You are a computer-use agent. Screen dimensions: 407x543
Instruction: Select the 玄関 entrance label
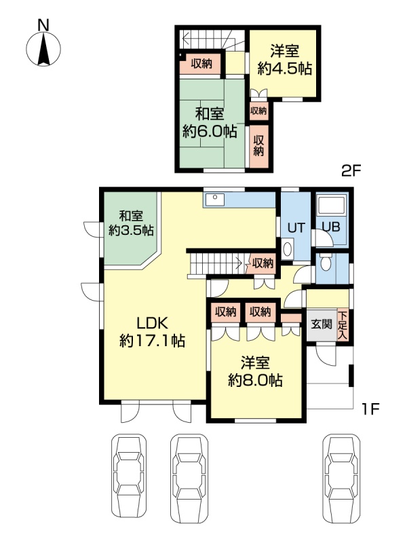click(x=322, y=325)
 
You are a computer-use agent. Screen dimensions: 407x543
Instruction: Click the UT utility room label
click(x=296, y=227)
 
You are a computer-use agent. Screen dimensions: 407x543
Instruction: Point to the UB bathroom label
click(x=331, y=227)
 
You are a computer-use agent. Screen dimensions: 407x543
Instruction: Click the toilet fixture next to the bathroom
click(x=326, y=263)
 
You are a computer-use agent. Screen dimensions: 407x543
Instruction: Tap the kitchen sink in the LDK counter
click(x=214, y=200)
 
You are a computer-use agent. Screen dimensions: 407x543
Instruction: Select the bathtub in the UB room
click(x=332, y=205)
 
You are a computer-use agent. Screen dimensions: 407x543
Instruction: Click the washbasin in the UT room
click(x=287, y=248)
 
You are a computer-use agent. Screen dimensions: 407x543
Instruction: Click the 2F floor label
click(x=351, y=171)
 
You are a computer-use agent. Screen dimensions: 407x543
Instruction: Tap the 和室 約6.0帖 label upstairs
click(x=210, y=123)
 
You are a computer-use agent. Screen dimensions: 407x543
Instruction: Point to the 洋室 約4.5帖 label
click(x=284, y=60)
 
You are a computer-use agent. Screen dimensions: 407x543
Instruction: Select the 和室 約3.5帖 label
click(x=131, y=223)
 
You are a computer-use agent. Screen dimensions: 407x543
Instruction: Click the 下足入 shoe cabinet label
click(x=343, y=326)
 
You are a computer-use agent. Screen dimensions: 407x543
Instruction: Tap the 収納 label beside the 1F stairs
click(x=263, y=263)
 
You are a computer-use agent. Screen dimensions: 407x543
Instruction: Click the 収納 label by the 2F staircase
click(x=201, y=64)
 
